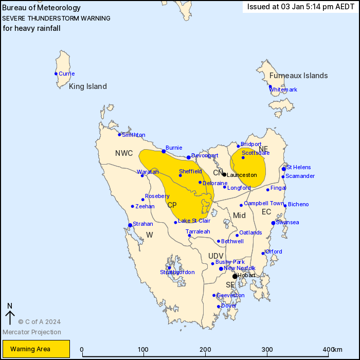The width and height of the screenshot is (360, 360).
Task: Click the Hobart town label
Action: click(x=246, y=276)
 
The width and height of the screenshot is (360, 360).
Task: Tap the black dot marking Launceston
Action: click(x=224, y=174)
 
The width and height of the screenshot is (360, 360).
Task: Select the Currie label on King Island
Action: click(x=66, y=74)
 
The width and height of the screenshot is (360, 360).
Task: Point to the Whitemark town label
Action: click(x=283, y=89)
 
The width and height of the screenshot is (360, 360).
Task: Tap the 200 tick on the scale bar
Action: click(x=205, y=350)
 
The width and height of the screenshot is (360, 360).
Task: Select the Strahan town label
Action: click(x=142, y=224)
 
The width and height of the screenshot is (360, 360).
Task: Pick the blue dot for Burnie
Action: click(x=164, y=151)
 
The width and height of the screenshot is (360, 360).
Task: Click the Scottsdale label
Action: click(x=256, y=153)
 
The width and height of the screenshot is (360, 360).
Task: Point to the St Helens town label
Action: click(x=299, y=167)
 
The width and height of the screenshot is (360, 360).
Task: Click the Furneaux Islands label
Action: click(x=298, y=76)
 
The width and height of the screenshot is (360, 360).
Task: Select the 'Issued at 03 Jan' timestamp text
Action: click(x=300, y=7)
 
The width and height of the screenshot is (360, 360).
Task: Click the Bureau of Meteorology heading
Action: click(x=42, y=8)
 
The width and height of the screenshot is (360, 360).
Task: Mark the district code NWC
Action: click(x=124, y=153)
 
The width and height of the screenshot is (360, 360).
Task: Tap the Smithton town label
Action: click(x=133, y=135)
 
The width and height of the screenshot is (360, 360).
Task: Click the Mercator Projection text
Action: click(x=31, y=332)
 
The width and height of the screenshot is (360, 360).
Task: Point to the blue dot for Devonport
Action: click(x=189, y=157)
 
